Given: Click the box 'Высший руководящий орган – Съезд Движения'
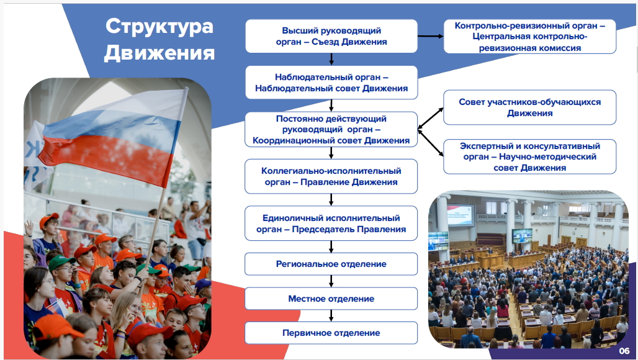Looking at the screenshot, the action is click(331, 36).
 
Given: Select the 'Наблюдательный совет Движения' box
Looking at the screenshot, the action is click(331, 83).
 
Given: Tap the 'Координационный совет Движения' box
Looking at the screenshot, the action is click(331, 129).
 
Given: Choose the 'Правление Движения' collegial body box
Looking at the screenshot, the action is click(331, 176).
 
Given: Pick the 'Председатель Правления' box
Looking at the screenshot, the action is click(331, 223).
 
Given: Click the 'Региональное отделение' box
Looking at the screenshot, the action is click(331, 264).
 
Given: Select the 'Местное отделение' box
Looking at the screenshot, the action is click(331, 299).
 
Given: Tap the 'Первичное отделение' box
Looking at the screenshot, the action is click(331, 333).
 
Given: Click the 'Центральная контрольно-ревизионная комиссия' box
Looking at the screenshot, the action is click(530, 37).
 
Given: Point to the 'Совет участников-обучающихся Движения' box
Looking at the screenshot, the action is click(530, 107).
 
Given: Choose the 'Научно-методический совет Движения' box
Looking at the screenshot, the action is click(530, 156).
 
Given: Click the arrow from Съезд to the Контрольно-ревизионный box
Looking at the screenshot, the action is click(431, 36).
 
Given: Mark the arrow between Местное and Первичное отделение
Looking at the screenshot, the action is click(331, 316).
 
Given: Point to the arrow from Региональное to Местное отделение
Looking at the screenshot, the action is click(331, 282).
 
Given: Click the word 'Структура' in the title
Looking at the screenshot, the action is click(159, 27).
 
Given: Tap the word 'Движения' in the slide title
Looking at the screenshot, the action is click(159, 53).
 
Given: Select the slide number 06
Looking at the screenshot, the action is click(624, 351).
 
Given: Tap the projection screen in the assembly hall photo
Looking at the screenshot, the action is click(460, 215).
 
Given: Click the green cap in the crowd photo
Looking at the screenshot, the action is click(61, 263).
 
